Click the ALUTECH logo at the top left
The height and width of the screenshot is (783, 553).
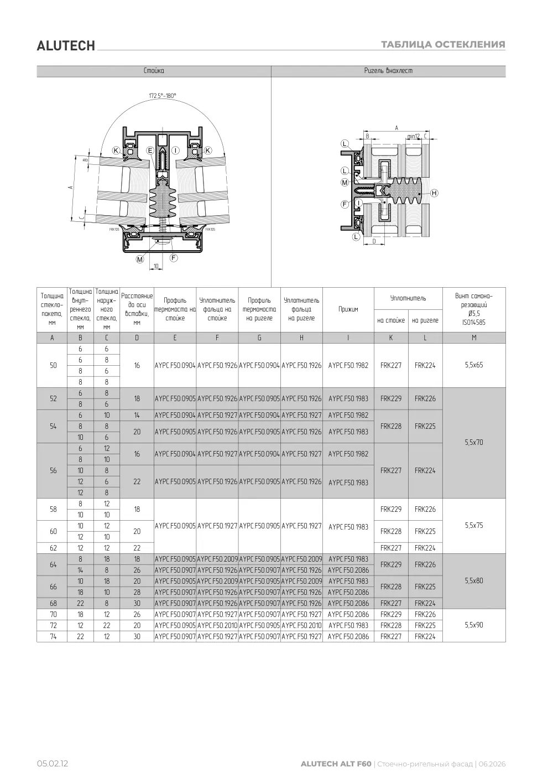point(66,46)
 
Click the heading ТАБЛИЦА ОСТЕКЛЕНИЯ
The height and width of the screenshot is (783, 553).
point(443,44)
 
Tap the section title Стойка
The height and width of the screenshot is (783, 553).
point(154,71)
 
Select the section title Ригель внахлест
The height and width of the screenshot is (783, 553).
point(388,71)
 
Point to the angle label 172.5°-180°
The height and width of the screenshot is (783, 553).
point(163,95)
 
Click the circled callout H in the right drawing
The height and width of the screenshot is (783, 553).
point(434,193)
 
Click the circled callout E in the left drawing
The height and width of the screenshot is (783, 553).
point(150,151)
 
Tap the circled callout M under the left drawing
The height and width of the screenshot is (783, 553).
point(140,259)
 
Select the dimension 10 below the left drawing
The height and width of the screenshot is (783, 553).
point(156,266)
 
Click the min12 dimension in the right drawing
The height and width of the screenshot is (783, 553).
point(413,136)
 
